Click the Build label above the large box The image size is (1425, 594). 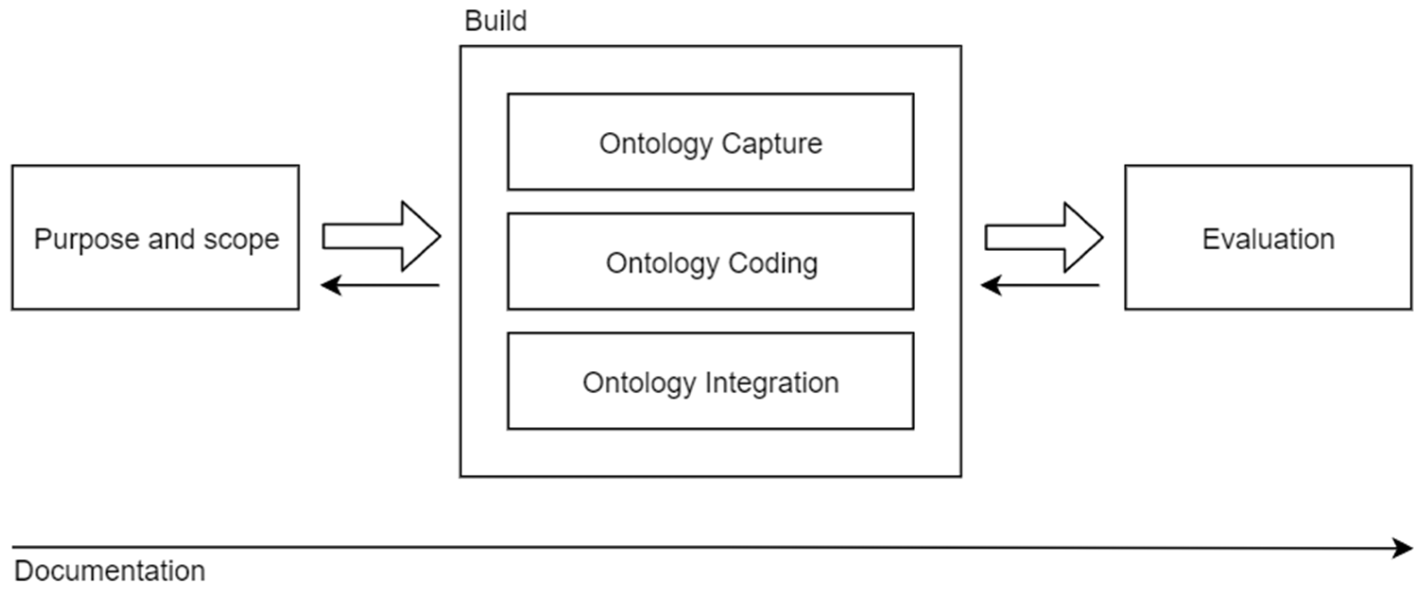(495, 22)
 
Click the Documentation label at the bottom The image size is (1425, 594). (110, 571)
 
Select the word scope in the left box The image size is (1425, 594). (241, 240)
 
